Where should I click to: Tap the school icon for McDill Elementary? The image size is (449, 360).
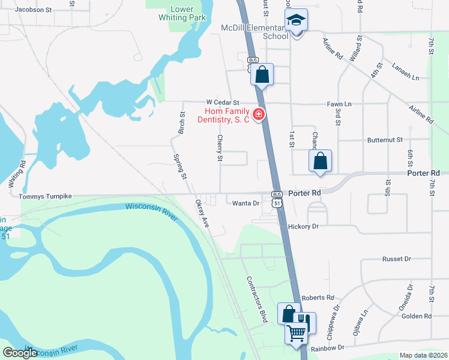pos(295,22)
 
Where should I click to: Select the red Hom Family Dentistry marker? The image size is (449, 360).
pos(259,114)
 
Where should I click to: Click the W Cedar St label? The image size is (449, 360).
pos(223,103)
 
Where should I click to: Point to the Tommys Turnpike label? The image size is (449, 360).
pos(45,196)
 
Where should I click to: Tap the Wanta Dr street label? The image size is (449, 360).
pos(246,203)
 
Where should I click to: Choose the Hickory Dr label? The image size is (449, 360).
pos(303,227)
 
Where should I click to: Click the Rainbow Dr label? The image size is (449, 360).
pos(328,348)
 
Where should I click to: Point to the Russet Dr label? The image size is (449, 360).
pos(396,259)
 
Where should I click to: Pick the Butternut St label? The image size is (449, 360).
pos(385,140)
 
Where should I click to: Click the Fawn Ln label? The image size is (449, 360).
pos(339,104)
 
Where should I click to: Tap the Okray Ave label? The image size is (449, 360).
pos(201,214)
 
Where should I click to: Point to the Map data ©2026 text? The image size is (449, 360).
pos(423,355)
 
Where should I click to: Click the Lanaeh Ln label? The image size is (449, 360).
pos(406,73)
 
